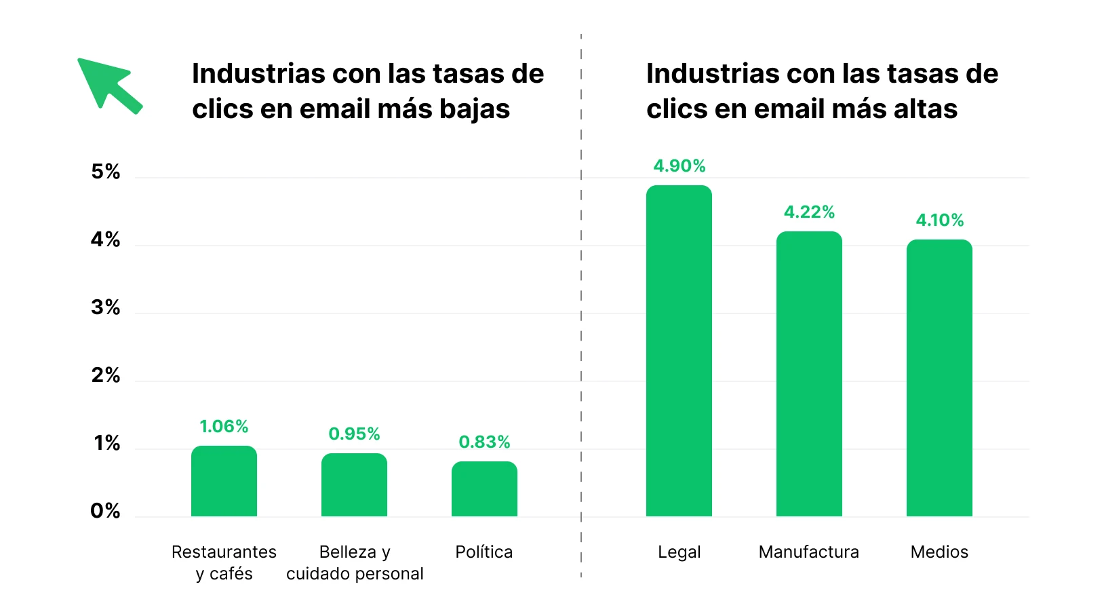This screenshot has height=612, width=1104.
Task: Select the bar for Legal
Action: pos(679,351)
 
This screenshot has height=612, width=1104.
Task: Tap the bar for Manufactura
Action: pos(809,374)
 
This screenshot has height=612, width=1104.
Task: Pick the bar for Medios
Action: pos(939,378)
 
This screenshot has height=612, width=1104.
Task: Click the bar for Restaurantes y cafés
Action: pos(224,481)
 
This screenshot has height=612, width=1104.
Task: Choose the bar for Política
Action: pos(484,489)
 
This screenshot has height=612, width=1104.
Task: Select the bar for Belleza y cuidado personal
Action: pos(354,485)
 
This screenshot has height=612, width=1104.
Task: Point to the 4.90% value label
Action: pos(679,166)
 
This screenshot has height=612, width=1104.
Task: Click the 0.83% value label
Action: pos(484,442)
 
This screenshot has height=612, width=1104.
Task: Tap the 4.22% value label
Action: pos(809,212)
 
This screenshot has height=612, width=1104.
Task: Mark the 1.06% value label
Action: pos(224,427)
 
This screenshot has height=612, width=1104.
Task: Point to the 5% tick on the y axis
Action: pos(106,172)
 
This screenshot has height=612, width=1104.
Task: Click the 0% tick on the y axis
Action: pos(106,511)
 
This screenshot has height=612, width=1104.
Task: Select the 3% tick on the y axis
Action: pos(106,308)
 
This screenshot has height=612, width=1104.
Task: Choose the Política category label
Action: pos(484,552)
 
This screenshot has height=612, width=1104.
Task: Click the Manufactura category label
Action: pos(808,552)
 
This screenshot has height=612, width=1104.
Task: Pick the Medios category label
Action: pos(939,552)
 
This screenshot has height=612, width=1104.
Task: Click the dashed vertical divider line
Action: pos(581,305)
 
